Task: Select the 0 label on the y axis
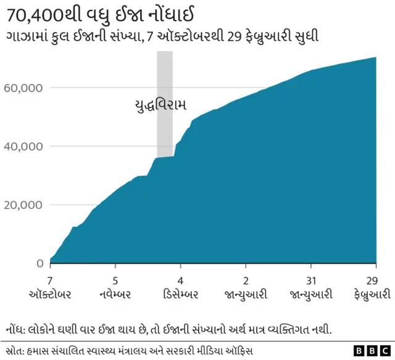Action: (x=39, y=263)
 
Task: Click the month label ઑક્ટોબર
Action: (x=49, y=295)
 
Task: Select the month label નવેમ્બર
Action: (x=115, y=295)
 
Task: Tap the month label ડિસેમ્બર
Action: (x=180, y=295)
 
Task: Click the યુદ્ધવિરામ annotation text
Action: (x=160, y=105)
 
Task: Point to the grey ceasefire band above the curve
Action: (x=165, y=74)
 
